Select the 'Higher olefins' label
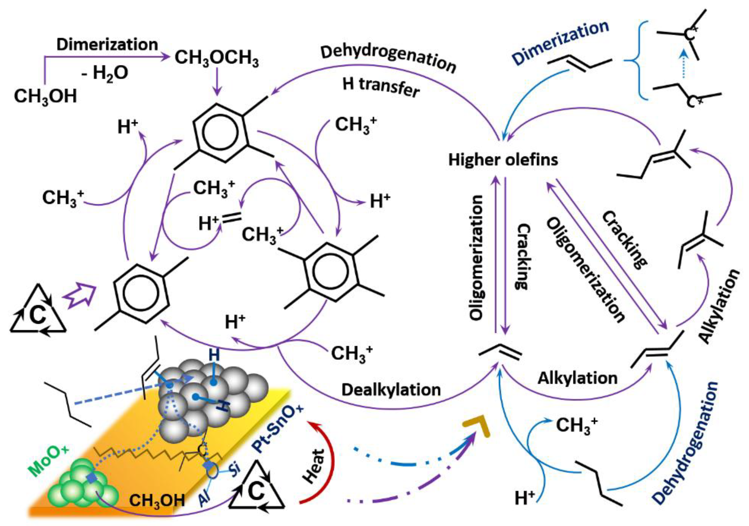(x=503, y=160)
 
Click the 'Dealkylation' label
(x=391, y=390)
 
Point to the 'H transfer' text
(x=381, y=88)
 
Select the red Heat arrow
(x=318, y=460)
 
